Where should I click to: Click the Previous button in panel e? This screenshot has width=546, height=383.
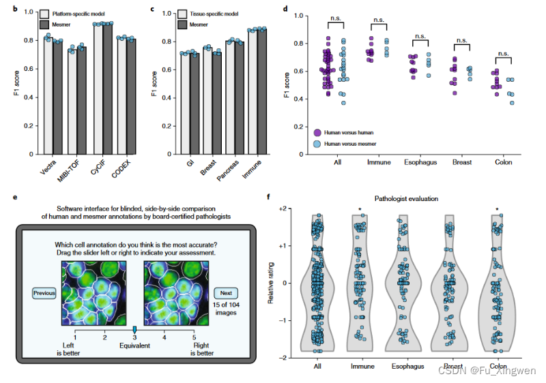(44, 293)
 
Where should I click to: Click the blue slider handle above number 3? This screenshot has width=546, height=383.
(134, 329)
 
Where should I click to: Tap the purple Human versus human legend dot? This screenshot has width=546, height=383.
(319, 134)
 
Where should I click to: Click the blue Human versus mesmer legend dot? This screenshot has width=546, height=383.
(319, 144)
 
